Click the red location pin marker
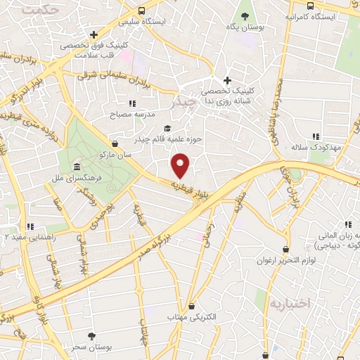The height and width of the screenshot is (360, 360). [181, 165]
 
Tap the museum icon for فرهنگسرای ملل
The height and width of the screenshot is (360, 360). [76, 166]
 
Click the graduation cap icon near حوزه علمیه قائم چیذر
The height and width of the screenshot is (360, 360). [167, 127]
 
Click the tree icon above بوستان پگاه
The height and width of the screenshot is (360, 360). [245, 15]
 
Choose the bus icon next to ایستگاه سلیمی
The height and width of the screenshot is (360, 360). [142, 11]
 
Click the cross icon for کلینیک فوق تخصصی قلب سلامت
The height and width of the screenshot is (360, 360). [94, 34]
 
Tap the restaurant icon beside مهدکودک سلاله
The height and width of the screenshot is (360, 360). [316, 136]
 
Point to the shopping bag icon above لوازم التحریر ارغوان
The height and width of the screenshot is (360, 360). [285, 249]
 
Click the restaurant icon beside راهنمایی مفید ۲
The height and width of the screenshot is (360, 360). [30, 226]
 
